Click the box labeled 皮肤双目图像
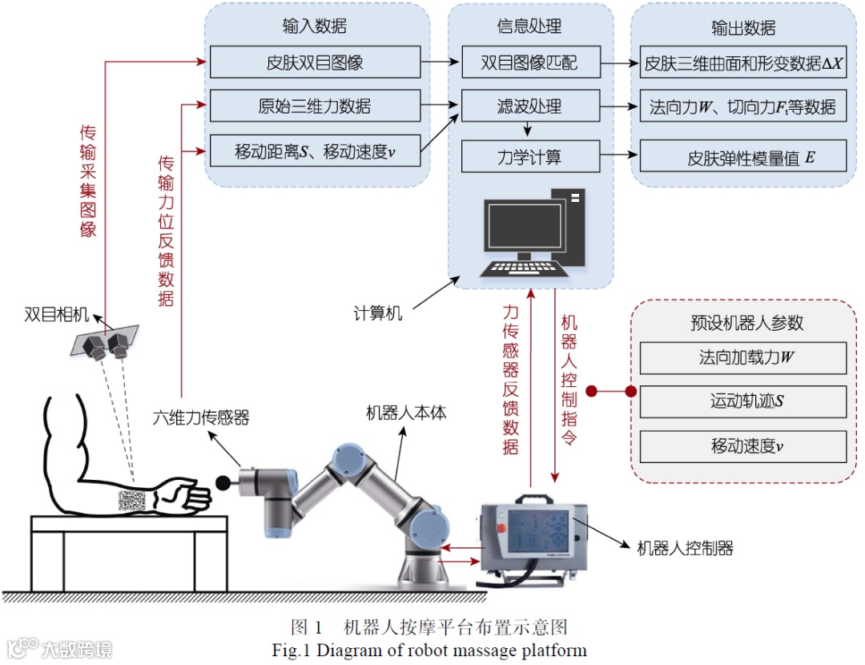coord(315,62)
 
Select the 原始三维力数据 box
coord(315,107)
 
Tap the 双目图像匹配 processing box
coord(529,62)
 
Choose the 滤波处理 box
coord(529,107)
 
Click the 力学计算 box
coord(529,155)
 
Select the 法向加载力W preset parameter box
coord(742,357)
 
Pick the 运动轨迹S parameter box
coord(742,401)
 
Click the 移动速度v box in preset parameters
coord(742,445)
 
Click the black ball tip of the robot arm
coord(223,482)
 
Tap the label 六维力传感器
coord(201,417)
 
